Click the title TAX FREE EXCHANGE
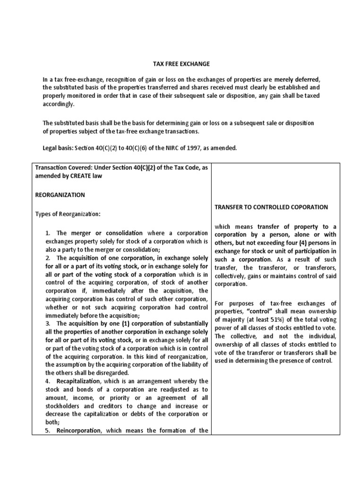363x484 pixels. pos(181,63)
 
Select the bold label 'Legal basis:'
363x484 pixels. pos(57,148)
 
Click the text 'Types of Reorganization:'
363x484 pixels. pos(68,214)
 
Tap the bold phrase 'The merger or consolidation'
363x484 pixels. pos(99,233)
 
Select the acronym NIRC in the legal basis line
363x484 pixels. pos(162,148)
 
